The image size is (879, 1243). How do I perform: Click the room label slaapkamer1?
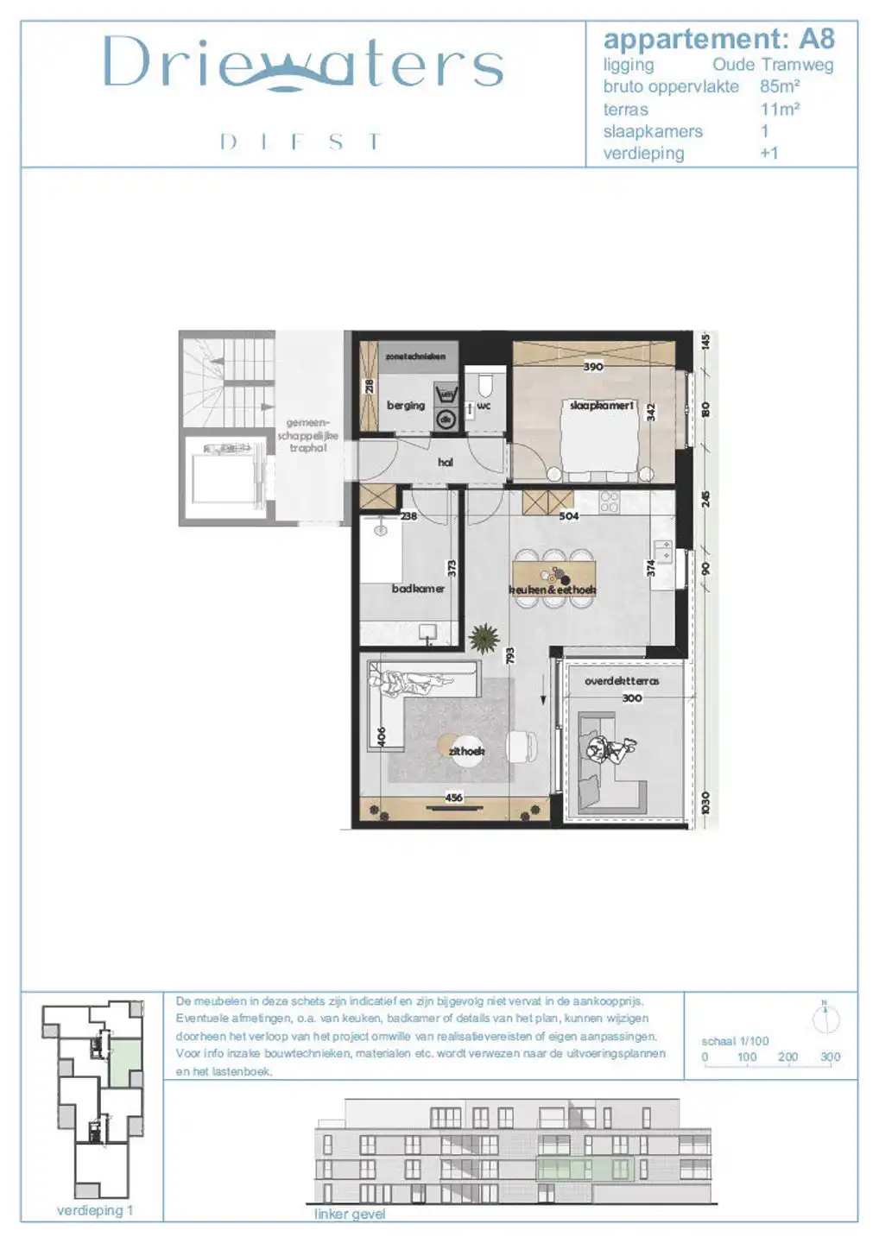[602, 405]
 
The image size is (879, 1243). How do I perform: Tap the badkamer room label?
[418, 589]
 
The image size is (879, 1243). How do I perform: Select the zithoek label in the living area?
[466, 751]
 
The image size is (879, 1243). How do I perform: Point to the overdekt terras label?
[622, 681]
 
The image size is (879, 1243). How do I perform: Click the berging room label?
[406, 405]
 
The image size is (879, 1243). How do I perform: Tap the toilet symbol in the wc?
[484, 382]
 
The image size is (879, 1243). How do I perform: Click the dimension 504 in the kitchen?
[569, 516]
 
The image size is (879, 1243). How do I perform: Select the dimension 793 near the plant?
[510, 656]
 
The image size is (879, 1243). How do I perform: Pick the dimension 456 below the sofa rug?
[454, 798]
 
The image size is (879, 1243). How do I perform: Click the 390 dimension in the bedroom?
[593, 367]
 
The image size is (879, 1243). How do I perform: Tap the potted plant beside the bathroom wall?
[484, 638]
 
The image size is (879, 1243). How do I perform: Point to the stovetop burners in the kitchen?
[609, 502]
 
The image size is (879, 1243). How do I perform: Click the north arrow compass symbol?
[825, 1019]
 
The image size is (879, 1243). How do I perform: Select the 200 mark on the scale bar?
[787, 1057]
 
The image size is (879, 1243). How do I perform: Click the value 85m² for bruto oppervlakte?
[780, 86]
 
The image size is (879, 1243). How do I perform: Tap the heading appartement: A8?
[718, 39]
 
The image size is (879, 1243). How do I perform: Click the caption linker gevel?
[350, 1214]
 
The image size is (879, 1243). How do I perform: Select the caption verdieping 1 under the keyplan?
[95, 1210]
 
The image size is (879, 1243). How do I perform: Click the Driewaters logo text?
[302, 63]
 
